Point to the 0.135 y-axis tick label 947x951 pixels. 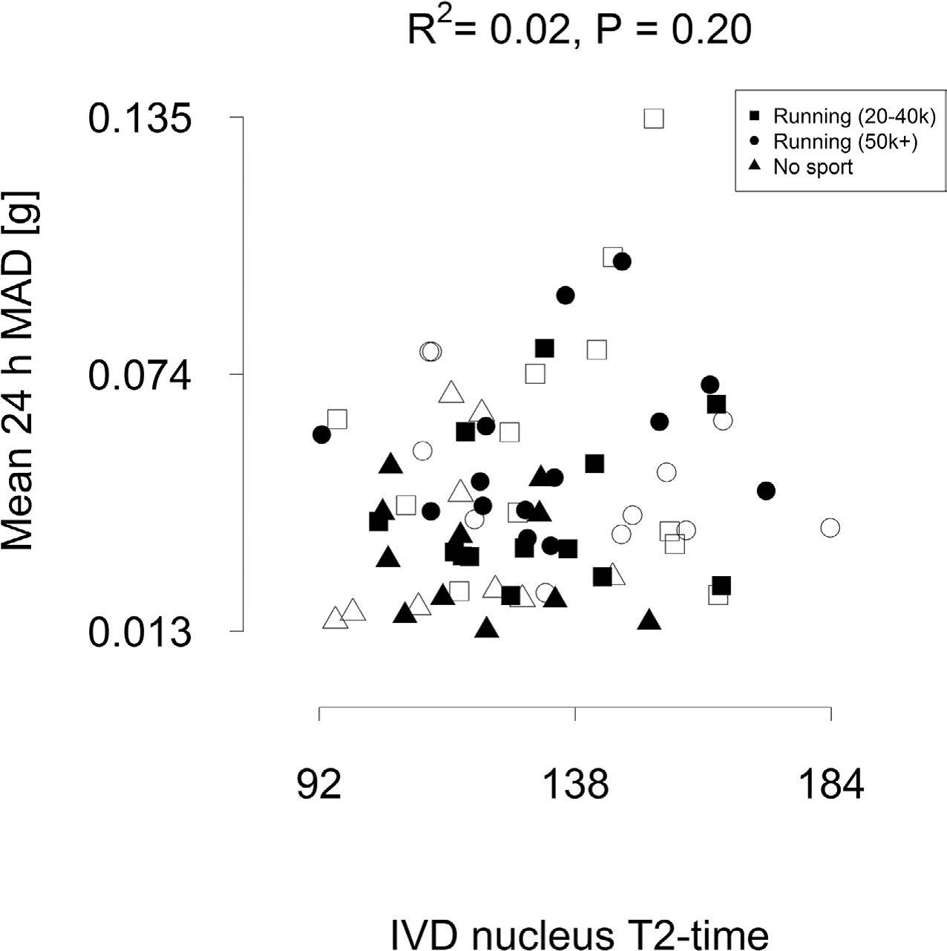140,118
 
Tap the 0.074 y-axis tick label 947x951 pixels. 140,375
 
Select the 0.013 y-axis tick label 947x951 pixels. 140,633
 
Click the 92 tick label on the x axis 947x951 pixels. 319,784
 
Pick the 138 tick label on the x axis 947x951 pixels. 576,784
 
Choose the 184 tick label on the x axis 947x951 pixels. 831,784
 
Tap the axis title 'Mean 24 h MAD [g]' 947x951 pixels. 20,371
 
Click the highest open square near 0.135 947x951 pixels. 653,119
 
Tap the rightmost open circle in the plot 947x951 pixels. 830,528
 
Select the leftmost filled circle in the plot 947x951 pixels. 321,435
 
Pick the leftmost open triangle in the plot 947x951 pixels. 335,618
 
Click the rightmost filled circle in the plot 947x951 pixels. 767,491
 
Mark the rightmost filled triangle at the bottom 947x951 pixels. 649,620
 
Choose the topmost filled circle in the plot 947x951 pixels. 622,261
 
